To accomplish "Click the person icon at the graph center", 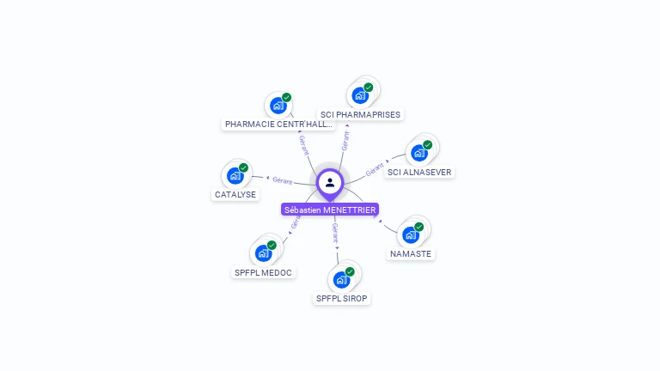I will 330,182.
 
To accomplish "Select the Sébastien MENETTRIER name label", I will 330,210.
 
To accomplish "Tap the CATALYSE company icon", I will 235,175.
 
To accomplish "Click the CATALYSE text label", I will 235,195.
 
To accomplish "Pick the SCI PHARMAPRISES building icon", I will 359,94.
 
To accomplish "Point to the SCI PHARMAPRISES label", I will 360,114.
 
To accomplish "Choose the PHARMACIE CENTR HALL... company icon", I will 278,105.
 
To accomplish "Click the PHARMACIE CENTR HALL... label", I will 278,125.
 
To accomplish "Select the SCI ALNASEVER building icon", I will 419,152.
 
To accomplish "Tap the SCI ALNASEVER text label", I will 419,172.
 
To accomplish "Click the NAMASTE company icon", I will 410,234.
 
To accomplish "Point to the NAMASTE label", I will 411,254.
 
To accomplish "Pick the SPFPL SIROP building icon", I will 341,279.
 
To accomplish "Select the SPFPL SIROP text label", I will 343,299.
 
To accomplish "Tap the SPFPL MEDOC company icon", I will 263,252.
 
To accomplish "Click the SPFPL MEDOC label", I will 263,273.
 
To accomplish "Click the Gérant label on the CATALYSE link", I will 283,180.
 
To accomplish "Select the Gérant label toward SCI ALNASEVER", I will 375,170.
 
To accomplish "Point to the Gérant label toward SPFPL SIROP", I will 335,233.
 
